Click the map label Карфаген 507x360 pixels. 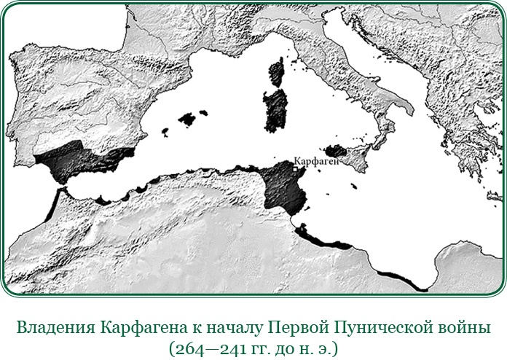(x=318, y=160)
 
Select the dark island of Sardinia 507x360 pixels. (x=276, y=108)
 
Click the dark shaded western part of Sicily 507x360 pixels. (x=336, y=151)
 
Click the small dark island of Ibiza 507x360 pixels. (x=166, y=133)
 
